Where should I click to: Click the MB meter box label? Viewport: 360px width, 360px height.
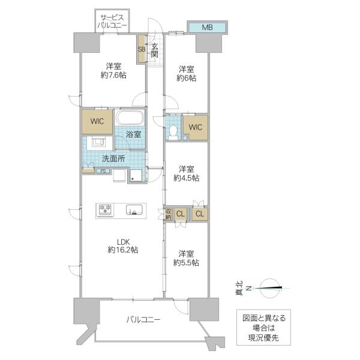point(207,28)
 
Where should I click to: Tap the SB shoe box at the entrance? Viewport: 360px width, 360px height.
point(142,49)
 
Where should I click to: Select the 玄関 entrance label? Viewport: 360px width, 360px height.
point(155,50)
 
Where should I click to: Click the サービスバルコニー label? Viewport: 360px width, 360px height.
point(112,21)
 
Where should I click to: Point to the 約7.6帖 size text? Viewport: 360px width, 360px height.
point(113,75)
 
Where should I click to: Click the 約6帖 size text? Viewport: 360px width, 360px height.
point(187,78)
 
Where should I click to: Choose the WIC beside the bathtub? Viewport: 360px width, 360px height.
point(97,121)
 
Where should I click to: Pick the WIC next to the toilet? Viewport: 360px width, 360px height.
point(196,127)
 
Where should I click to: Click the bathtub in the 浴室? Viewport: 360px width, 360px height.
point(130,118)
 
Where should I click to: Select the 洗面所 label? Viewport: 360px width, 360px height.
point(113,158)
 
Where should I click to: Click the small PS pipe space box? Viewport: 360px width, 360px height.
point(103,171)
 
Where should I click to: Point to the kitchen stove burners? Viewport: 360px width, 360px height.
point(105,210)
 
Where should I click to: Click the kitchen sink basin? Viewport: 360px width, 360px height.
point(134,209)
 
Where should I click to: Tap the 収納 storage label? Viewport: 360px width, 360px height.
point(168,214)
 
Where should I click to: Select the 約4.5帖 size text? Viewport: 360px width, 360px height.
point(186,178)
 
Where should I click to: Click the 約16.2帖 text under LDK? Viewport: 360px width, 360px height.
point(123,250)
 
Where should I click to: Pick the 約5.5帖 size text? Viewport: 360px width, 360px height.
point(186,263)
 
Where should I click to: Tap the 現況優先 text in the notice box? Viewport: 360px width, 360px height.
point(263,337)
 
